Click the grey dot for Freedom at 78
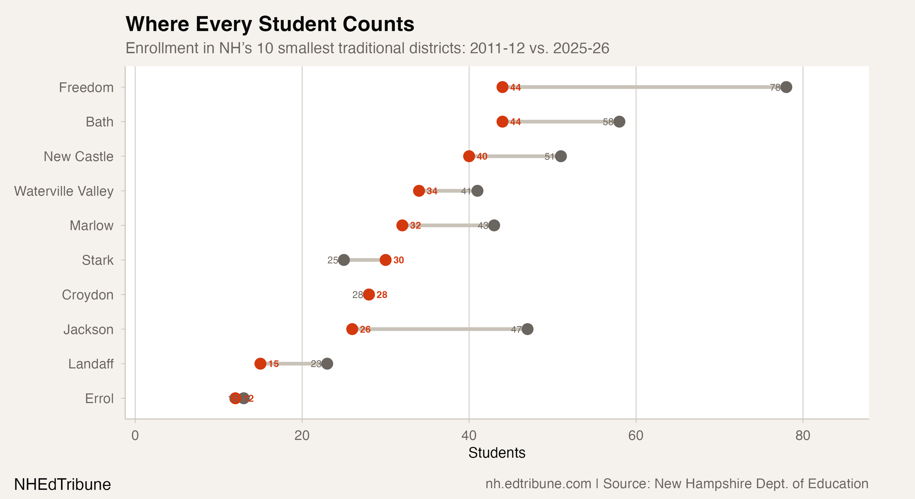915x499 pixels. [x=786, y=87]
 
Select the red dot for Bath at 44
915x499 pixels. [x=502, y=121]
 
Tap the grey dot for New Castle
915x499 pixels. [x=561, y=156]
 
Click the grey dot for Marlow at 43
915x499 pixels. [x=494, y=225]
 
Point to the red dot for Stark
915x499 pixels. [x=385, y=260]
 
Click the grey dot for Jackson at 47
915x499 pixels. [x=527, y=329]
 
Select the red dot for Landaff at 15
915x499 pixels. [x=260, y=364]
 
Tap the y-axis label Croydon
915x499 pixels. [x=87, y=295]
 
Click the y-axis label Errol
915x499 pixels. [x=99, y=398]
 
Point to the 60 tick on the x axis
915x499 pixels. [x=636, y=436]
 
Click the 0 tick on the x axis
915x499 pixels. [x=135, y=436]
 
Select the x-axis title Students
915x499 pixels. [x=497, y=453]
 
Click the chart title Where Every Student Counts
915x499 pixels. [x=270, y=24]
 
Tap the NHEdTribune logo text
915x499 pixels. [x=62, y=484]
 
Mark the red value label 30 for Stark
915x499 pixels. [x=398, y=260]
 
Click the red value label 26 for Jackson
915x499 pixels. [x=365, y=329]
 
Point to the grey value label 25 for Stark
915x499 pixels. [x=332, y=260]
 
